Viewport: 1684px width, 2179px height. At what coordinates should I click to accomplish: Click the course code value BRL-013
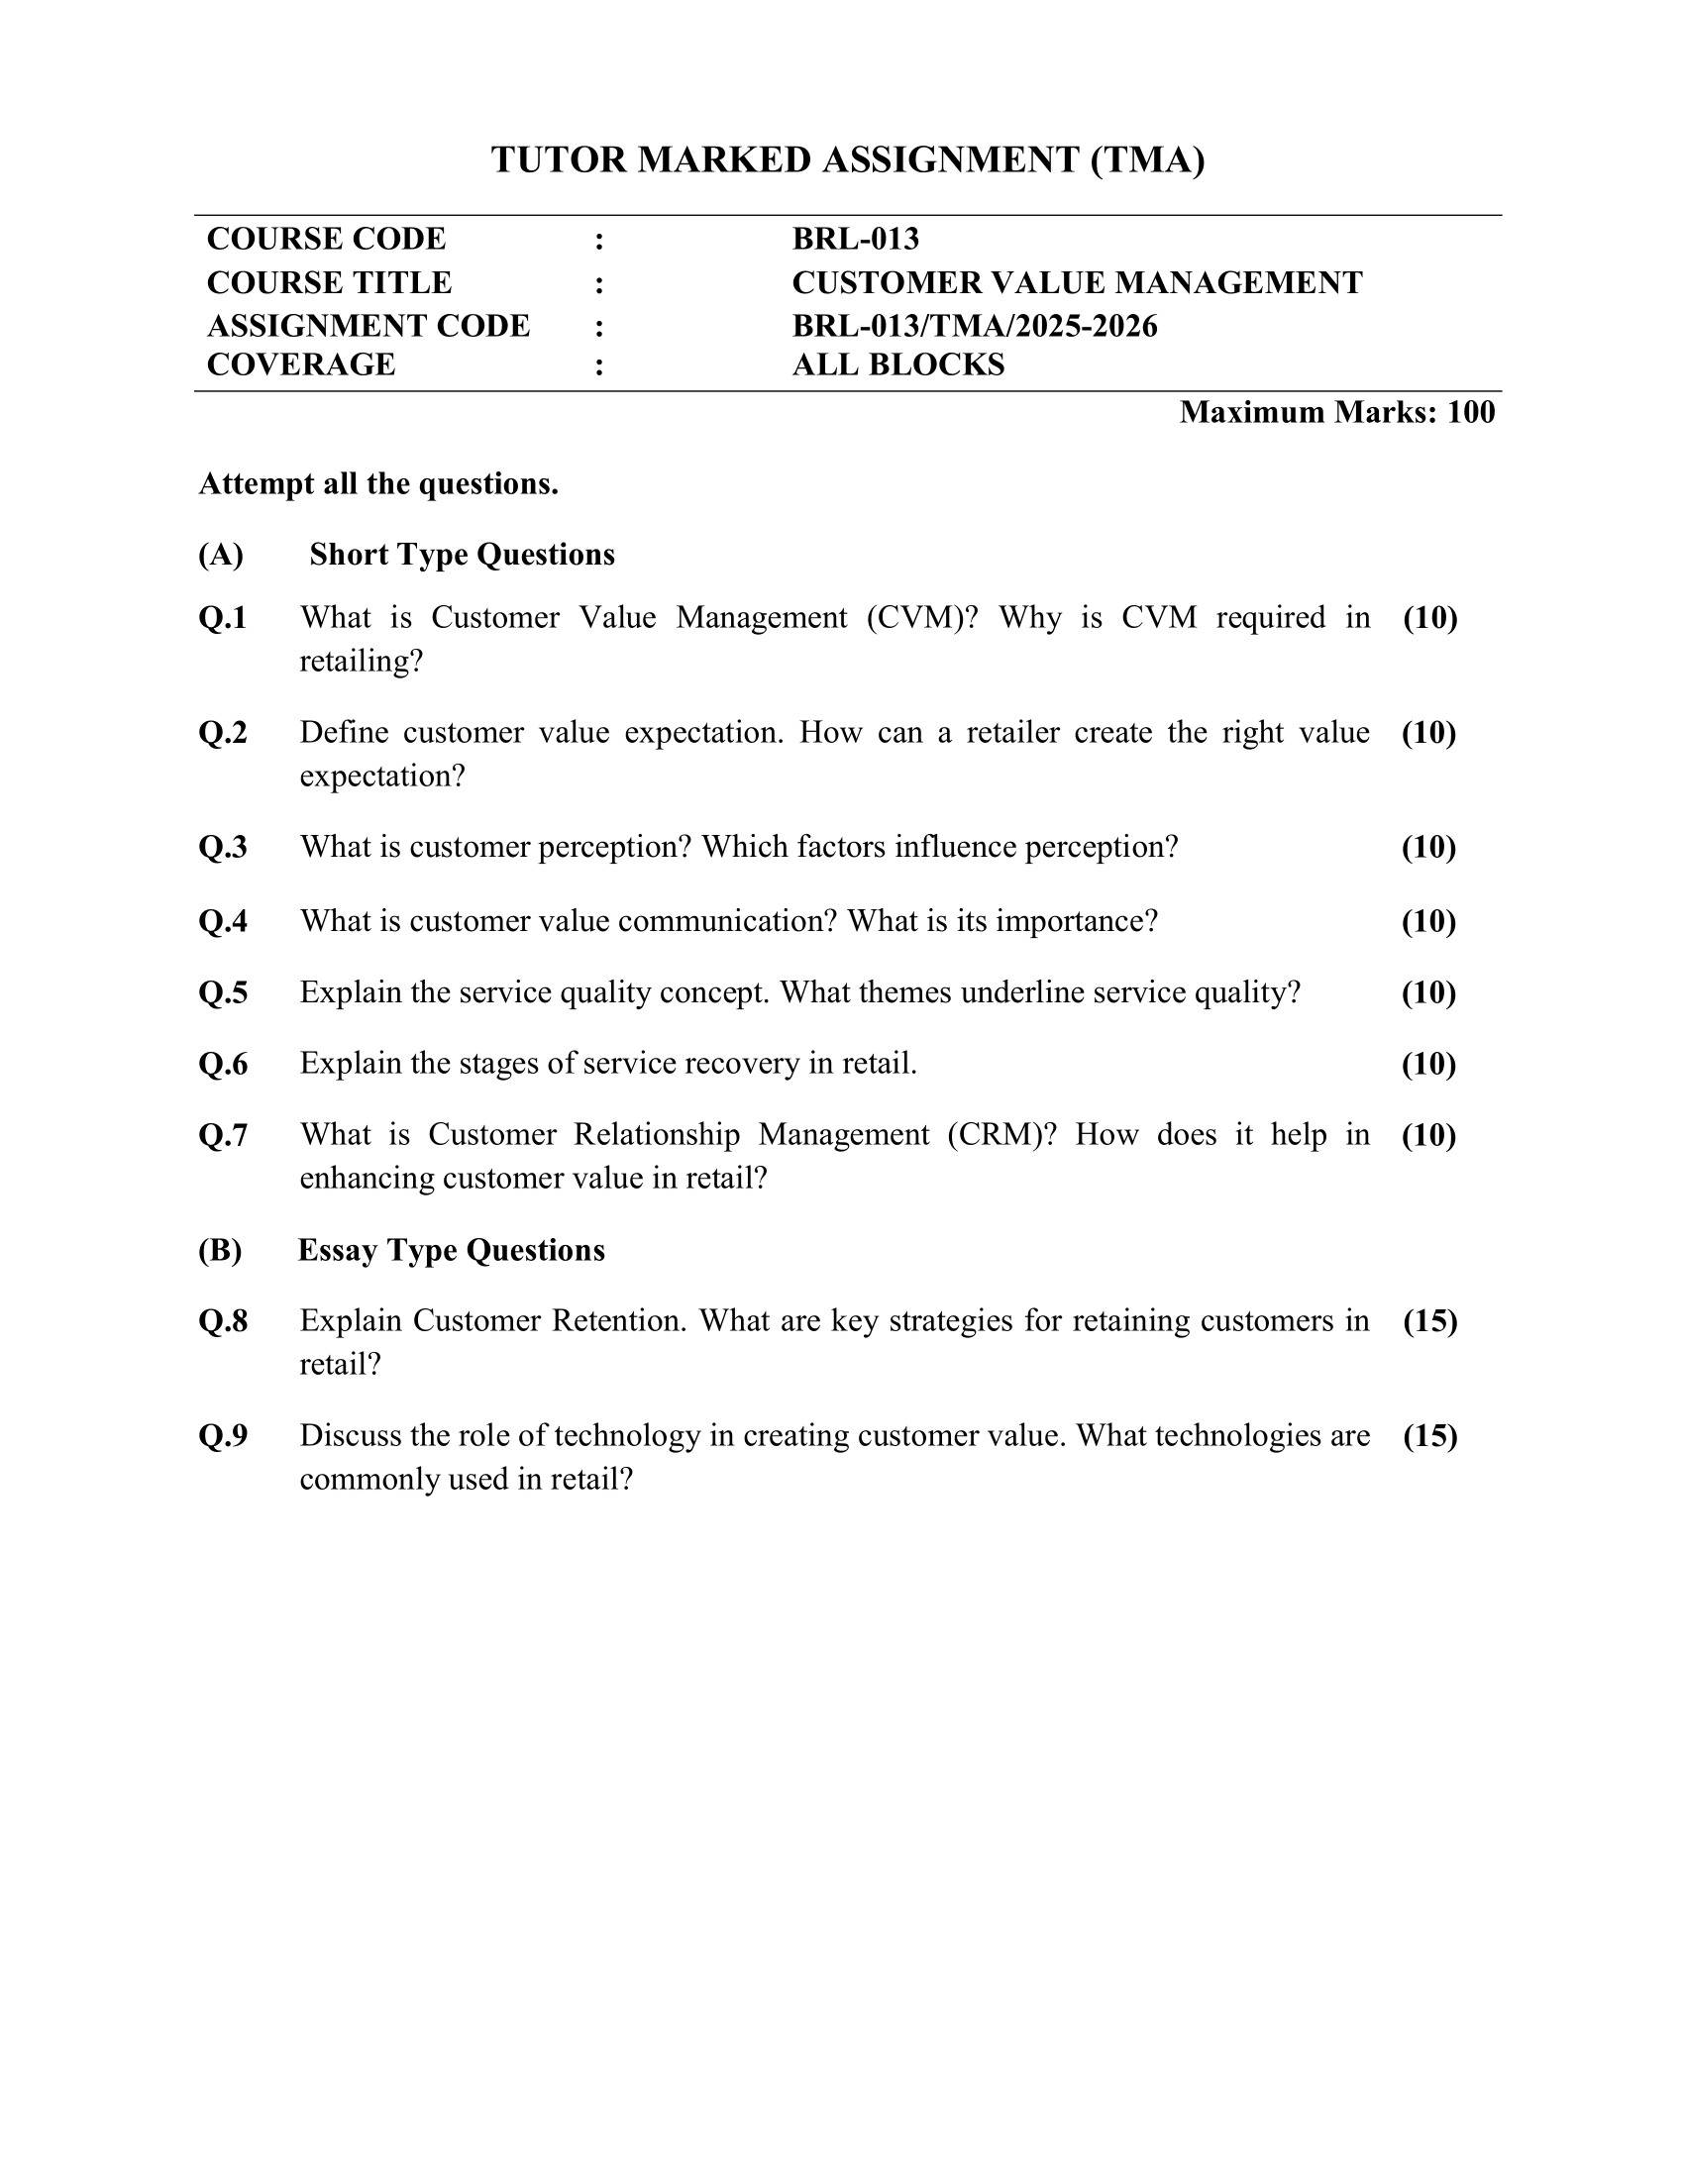[x=855, y=240]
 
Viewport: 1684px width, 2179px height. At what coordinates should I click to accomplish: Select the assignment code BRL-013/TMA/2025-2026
[x=974, y=326]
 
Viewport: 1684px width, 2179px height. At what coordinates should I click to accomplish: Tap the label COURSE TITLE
[x=328, y=283]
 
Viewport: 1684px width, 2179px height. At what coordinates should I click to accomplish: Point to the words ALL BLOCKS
[x=897, y=365]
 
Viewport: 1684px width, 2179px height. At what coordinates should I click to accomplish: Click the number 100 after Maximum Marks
[x=1470, y=412]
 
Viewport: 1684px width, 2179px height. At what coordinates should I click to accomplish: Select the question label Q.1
[x=223, y=619]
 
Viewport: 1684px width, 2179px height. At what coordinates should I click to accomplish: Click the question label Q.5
[x=223, y=993]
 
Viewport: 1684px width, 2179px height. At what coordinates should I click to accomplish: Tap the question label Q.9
[x=223, y=1437]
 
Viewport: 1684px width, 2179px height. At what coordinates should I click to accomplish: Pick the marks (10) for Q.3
[x=1428, y=848]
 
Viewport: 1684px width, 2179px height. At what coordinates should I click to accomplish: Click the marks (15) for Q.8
[x=1429, y=1322]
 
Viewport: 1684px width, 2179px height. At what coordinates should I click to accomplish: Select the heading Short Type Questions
[x=462, y=555]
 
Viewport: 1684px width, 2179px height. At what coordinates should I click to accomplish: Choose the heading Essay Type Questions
[x=451, y=1251]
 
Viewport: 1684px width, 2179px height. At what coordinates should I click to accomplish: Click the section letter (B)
[x=220, y=1251]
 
